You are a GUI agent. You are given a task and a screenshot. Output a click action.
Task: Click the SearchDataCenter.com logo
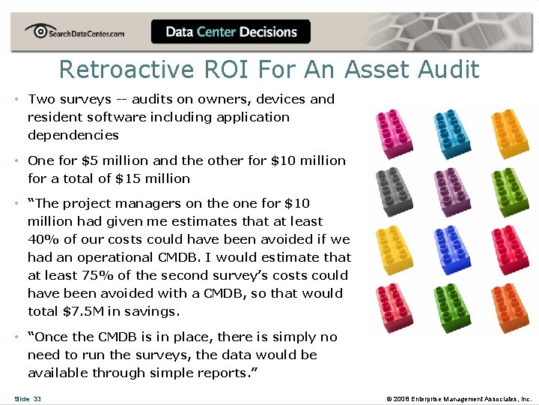pyautogui.click(x=74, y=31)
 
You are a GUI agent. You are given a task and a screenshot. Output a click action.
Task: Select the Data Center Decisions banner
pyautogui.click(x=231, y=31)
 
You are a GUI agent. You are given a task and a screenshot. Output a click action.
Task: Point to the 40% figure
pyautogui.click(x=43, y=239)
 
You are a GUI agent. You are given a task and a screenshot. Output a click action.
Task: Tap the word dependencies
pyautogui.click(x=73, y=135)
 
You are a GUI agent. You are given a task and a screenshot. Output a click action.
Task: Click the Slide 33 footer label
pyautogui.click(x=27, y=398)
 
